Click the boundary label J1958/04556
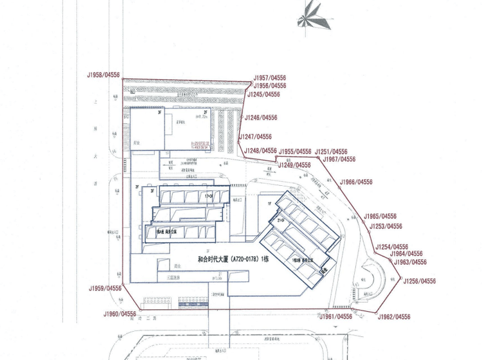[103, 75]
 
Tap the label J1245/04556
[263, 94]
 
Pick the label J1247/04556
[255, 136]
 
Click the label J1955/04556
[295, 152]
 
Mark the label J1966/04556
[356, 182]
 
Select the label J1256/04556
[419, 281]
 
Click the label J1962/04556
[394, 317]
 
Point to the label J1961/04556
[336, 316]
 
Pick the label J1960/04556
[120, 314]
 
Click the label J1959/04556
[105, 288]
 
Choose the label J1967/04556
[339, 159]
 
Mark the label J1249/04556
[294, 165]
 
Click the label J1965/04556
[380, 217]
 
